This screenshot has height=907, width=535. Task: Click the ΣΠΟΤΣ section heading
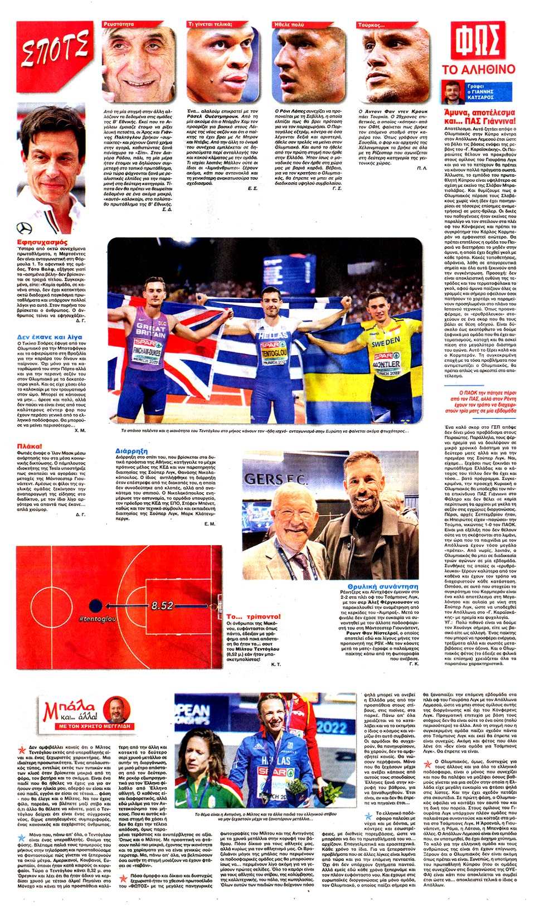tap(55, 49)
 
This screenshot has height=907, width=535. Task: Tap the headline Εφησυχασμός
tap(42, 242)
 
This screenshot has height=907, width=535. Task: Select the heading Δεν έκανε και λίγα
tap(50, 337)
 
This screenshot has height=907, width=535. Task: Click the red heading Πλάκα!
tap(30, 446)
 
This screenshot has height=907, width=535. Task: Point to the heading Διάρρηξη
tap(132, 450)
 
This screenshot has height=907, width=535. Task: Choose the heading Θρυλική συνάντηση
tap(382, 586)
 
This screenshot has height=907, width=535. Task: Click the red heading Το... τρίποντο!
tap(254, 617)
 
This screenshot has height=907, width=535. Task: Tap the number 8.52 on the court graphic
tap(162, 605)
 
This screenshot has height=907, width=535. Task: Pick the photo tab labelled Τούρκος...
tap(372, 25)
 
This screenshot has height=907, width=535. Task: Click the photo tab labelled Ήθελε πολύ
tap(289, 25)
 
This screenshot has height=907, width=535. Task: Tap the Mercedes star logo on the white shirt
tap(25, 228)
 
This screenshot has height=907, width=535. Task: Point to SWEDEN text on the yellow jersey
tap(386, 341)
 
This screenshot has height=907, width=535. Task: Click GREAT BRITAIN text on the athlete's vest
tap(150, 331)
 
